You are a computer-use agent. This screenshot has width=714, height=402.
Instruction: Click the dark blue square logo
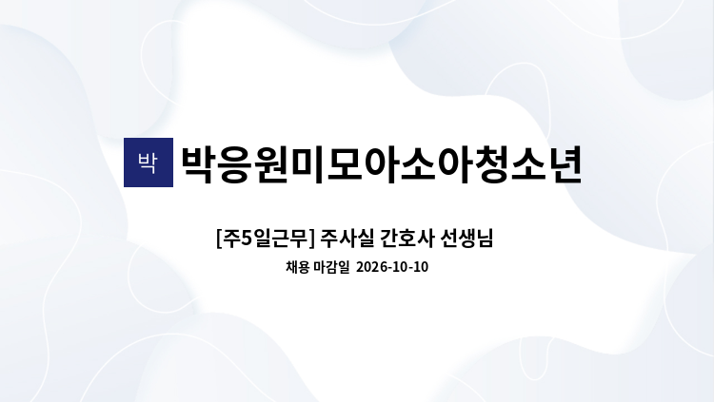pyautogui.click(x=149, y=163)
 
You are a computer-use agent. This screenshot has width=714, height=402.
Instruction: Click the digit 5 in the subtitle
pyautogui.click(x=246, y=238)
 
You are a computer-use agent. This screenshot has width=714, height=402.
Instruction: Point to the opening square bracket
pyautogui.click(x=219, y=239)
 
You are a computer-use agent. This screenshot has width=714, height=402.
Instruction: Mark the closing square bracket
pyautogui.click(x=312, y=239)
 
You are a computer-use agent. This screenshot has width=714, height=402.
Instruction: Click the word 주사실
pyautogui.click(x=347, y=239)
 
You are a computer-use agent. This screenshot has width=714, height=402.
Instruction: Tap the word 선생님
pyautogui.click(x=466, y=239)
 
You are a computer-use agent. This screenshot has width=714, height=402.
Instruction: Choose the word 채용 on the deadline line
pyautogui.click(x=298, y=267)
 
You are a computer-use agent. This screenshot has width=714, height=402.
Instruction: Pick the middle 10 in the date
pyautogui.click(x=399, y=267)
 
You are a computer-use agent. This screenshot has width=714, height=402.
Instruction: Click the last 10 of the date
pyautogui.click(x=420, y=267)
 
